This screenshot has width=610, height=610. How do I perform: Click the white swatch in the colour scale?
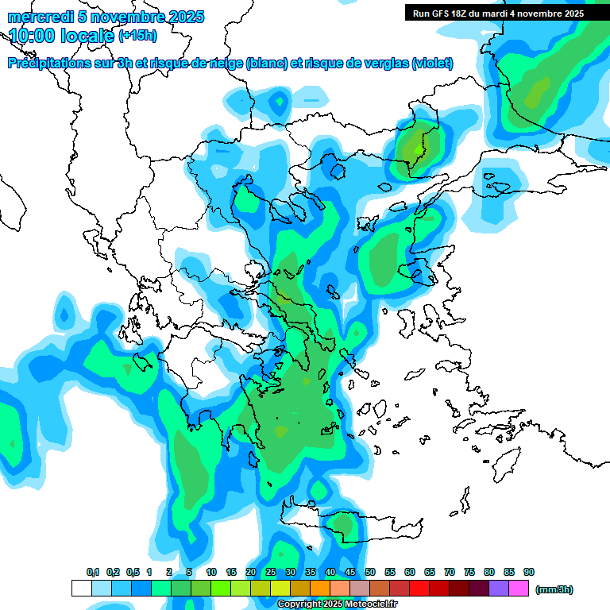81,588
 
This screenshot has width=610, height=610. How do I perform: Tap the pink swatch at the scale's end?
519,588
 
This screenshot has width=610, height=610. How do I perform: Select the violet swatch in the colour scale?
499,588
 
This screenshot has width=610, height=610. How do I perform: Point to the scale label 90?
529,572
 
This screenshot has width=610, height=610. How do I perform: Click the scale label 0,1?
93,572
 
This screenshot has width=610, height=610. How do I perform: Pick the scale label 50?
370,572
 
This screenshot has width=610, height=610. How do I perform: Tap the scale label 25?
271,572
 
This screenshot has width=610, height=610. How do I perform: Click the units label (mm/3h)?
554,589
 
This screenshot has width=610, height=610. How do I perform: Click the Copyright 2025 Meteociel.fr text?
337,604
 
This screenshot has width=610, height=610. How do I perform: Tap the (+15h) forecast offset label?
137,36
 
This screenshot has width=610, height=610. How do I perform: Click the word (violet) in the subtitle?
433,64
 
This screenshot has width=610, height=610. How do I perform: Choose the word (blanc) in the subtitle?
267,64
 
